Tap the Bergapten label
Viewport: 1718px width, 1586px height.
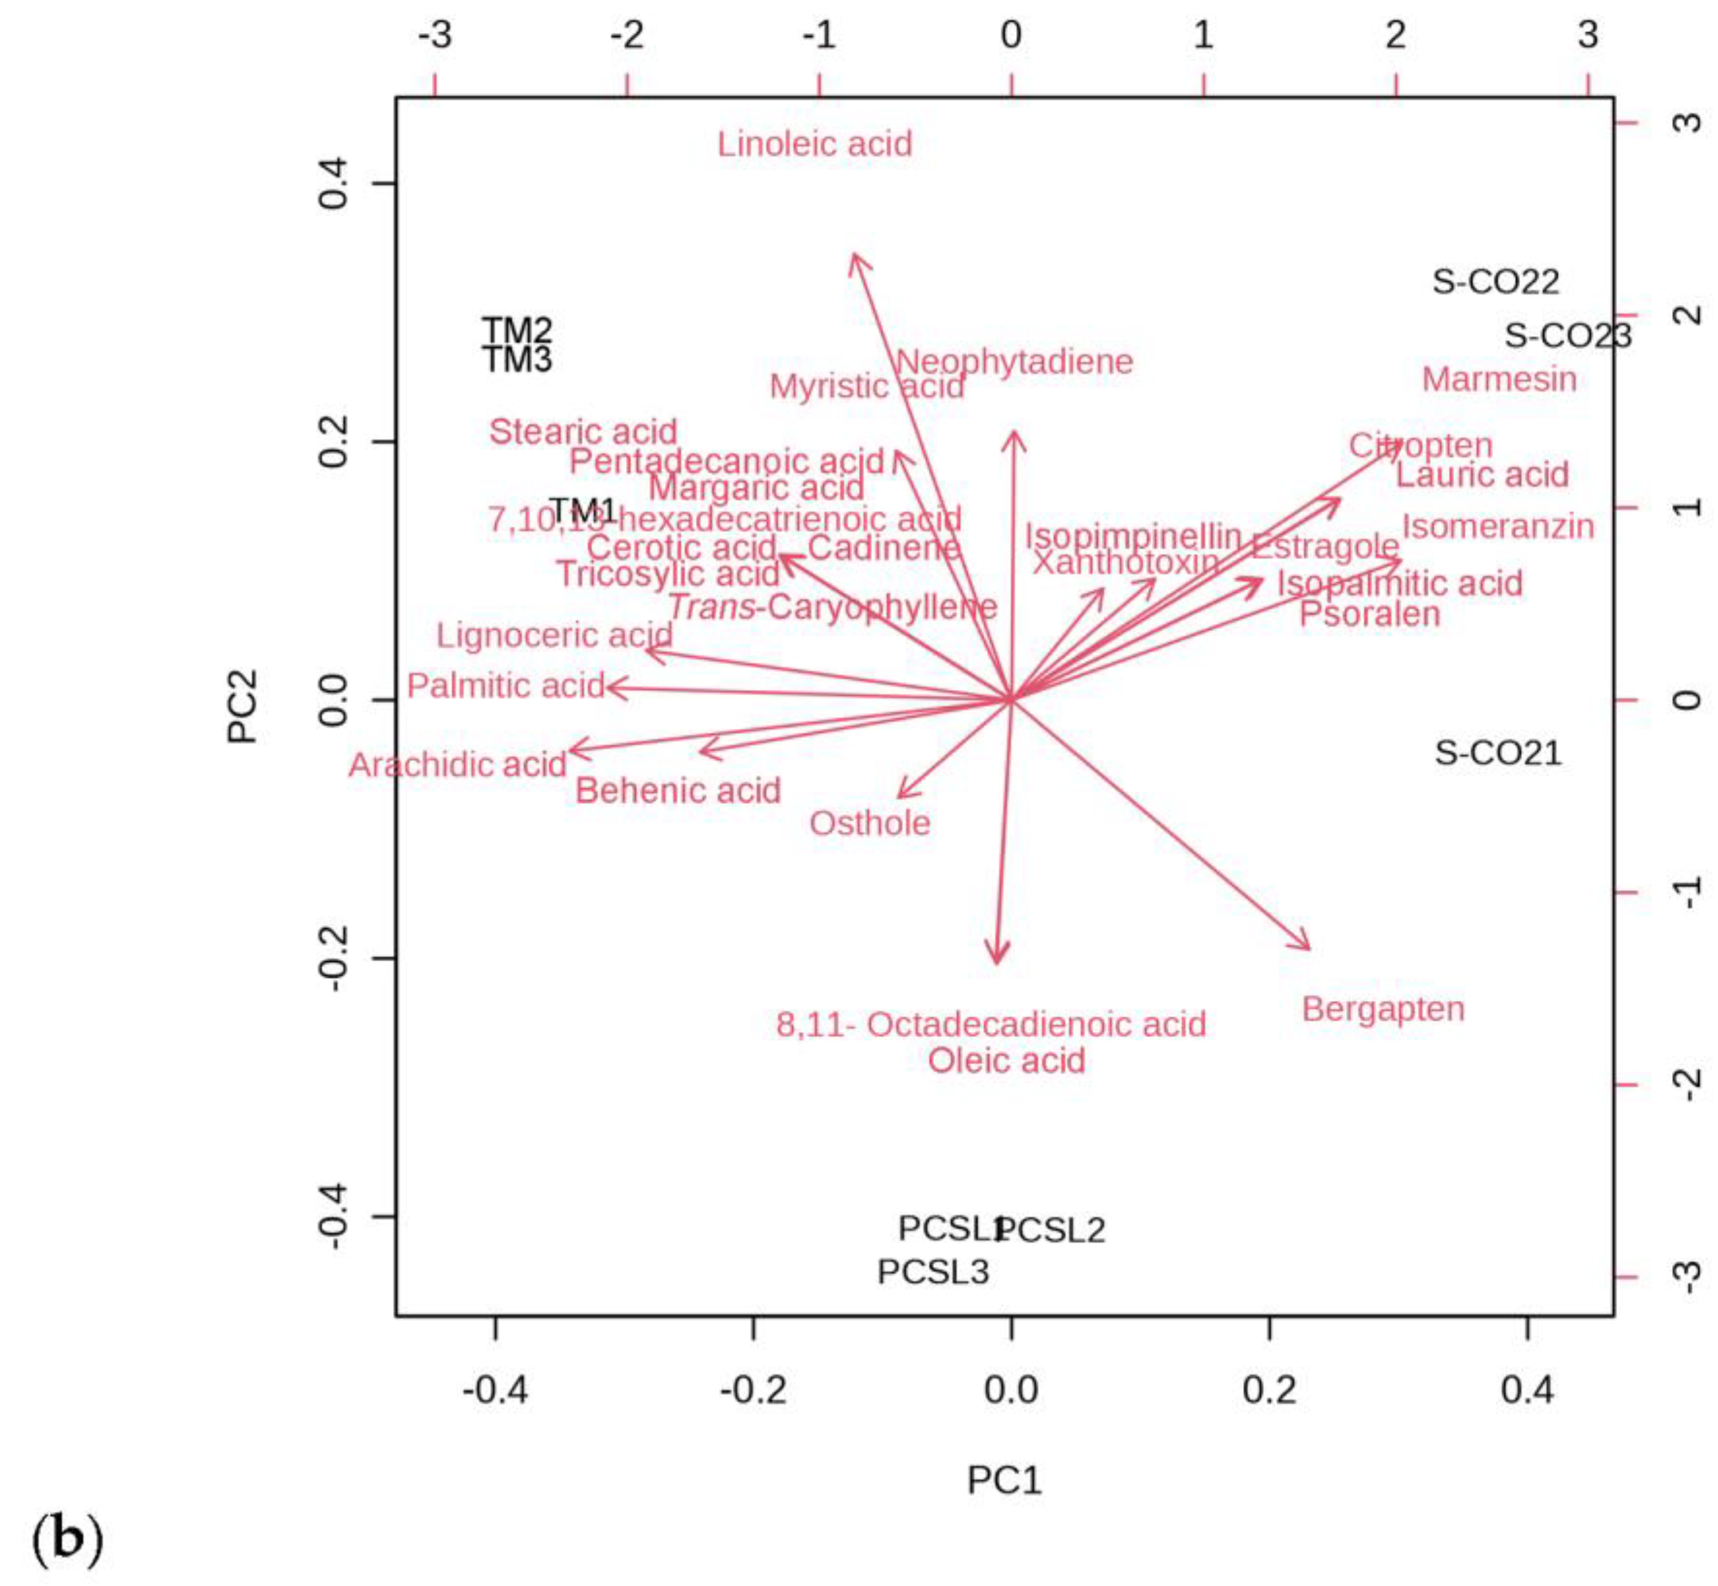click(x=1383, y=1009)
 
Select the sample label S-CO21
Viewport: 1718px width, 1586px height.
click(x=1497, y=753)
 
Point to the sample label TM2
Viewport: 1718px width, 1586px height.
click(x=516, y=329)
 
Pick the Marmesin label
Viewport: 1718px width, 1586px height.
click(x=1499, y=379)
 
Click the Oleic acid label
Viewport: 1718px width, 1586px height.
click(x=1006, y=1061)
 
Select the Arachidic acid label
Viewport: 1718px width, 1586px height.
click(x=457, y=764)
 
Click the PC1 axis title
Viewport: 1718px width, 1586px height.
click(x=1005, y=1480)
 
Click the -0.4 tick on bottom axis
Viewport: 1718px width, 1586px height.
click(x=495, y=1389)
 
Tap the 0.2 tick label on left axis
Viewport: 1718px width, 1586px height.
click(x=332, y=442)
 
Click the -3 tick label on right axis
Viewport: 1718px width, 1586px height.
click(x=1687, y=1276)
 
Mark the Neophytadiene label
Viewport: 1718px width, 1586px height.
click(x=1014, y=361)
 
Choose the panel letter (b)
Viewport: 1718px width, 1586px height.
click(x=67, y=1539)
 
